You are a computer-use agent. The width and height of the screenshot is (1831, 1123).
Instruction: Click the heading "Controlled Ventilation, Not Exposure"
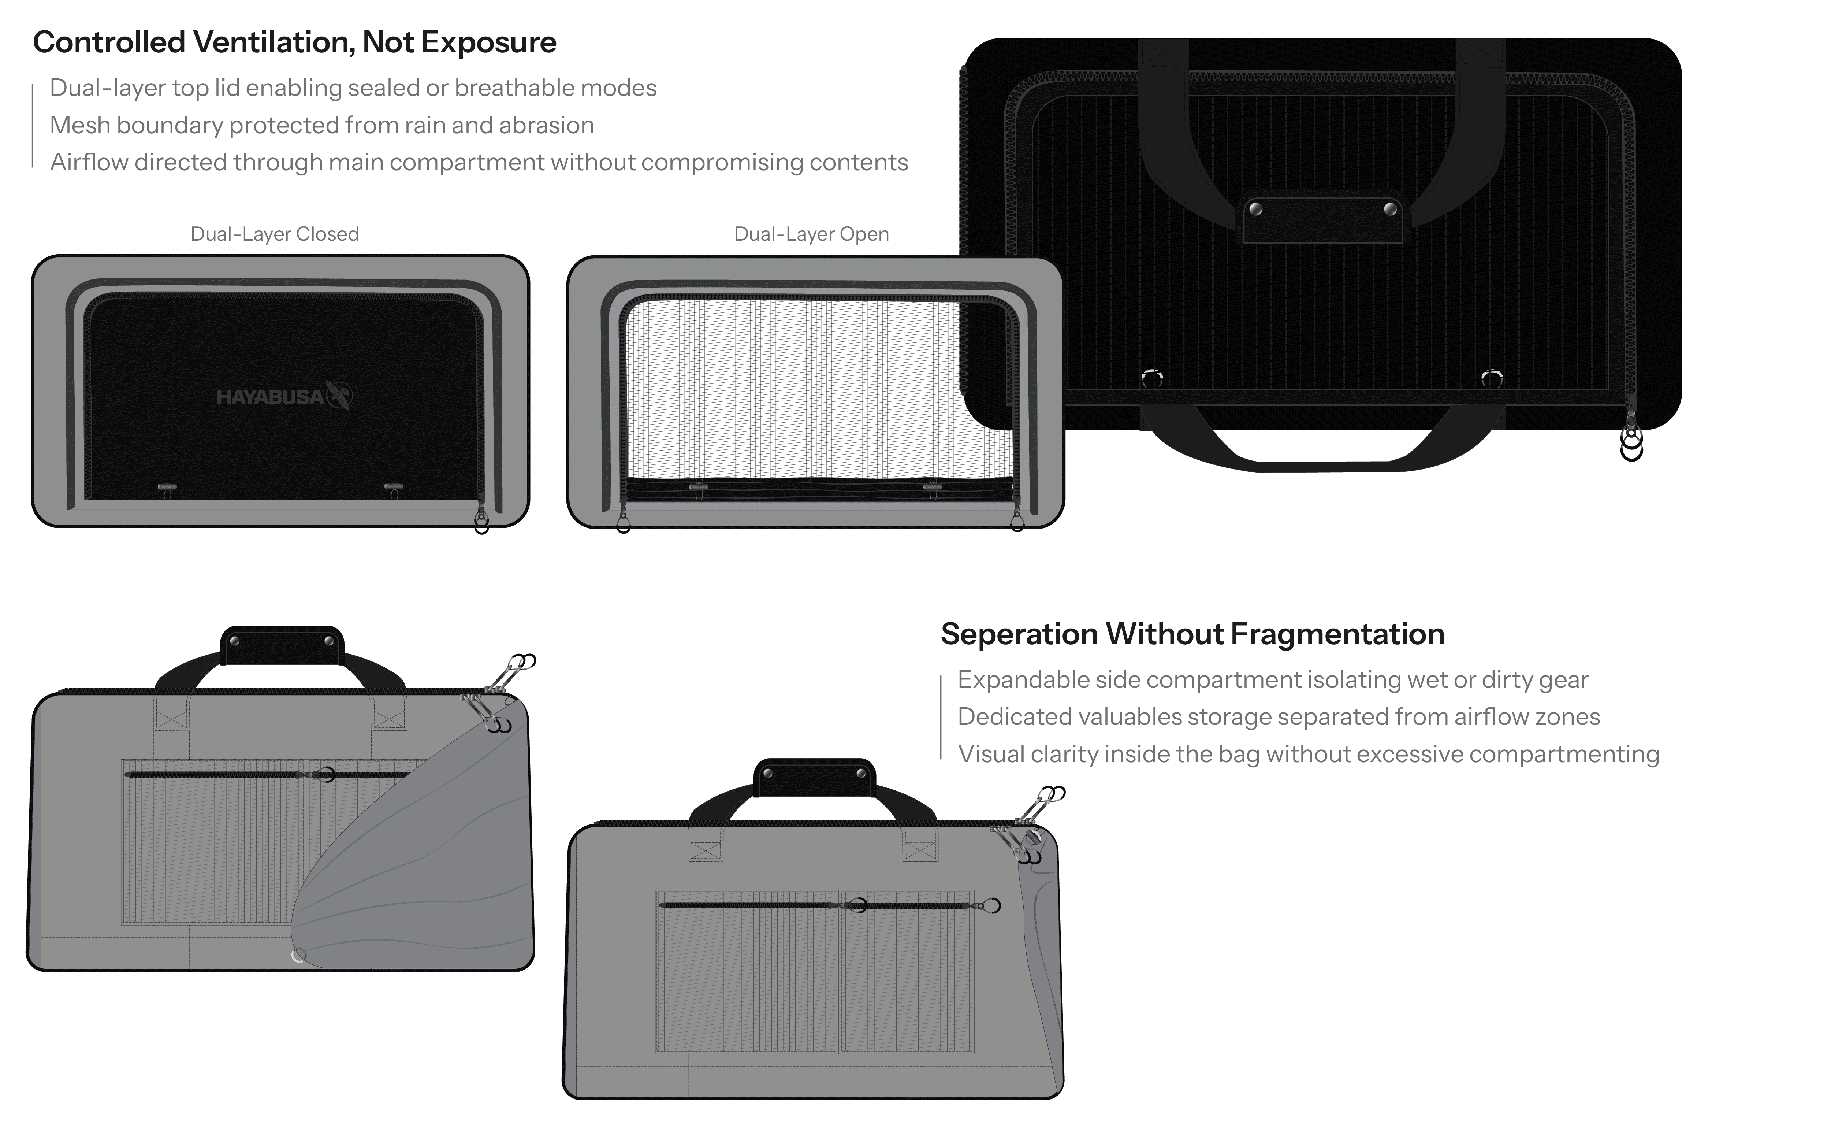[x=294, y=42]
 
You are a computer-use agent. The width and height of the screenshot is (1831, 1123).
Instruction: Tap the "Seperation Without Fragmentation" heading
[x=1192, y=634]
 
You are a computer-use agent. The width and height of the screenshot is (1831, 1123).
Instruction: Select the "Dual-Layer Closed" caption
[x=274, y=234]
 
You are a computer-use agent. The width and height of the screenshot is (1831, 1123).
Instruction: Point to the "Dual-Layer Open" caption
[x=811, y=234]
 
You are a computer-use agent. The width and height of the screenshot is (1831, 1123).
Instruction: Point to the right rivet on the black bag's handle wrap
[x=1389, y=209]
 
